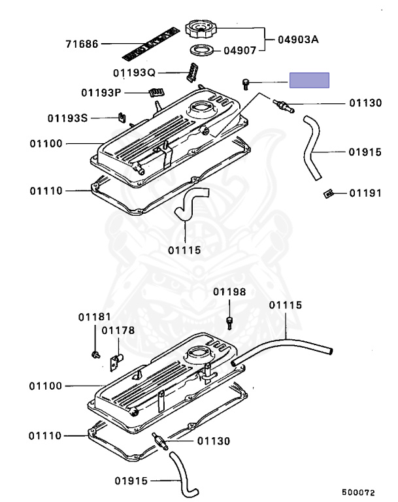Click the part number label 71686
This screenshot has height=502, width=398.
click(82, 44)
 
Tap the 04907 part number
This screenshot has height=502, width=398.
click(241, 50)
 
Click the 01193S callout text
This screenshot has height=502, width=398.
click(67, 118)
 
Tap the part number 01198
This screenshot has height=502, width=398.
click(229, 292)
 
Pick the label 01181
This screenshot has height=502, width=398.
click(95, 317)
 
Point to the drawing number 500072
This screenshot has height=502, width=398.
click(358, 491)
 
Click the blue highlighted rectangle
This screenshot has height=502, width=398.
click(310, 81)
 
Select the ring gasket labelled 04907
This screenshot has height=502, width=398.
click(200, 50)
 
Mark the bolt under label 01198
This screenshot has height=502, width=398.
click(229, 322)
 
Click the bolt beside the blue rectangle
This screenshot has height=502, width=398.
click(246, 82)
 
